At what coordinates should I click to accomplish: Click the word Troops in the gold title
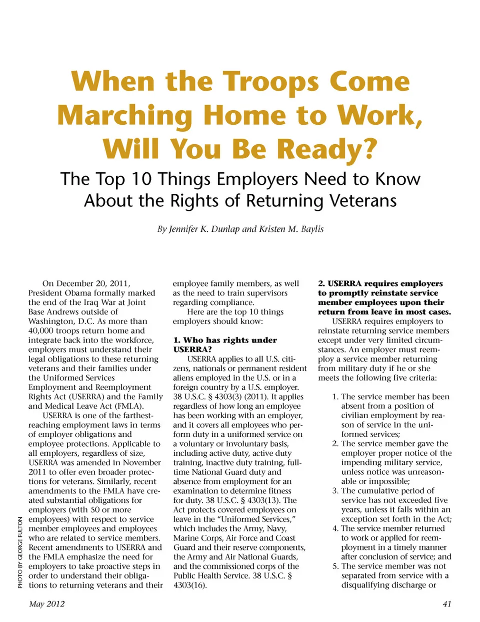pos(270,82)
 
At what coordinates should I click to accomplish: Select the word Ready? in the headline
pos(326,149)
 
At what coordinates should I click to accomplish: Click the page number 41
pos(447,603)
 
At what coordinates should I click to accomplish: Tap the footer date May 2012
pos(47,603)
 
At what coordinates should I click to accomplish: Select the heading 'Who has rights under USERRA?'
pos(224,345)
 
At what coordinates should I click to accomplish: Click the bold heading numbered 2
pos(384,297)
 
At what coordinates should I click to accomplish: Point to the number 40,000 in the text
pos(43,331)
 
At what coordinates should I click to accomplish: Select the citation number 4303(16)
pos(190,585)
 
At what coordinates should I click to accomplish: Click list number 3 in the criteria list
pos(335,490)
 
